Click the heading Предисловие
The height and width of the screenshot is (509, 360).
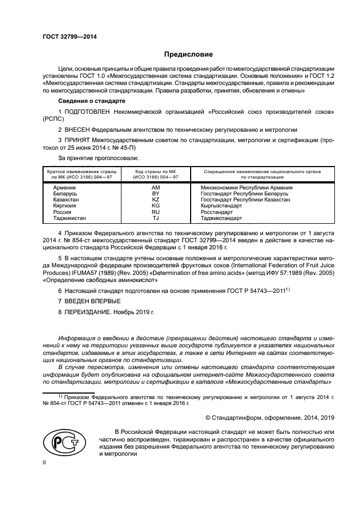188,54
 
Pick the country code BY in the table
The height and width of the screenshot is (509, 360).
155,193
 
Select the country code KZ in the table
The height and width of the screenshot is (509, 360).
155,200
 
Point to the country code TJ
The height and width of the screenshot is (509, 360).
155,218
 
